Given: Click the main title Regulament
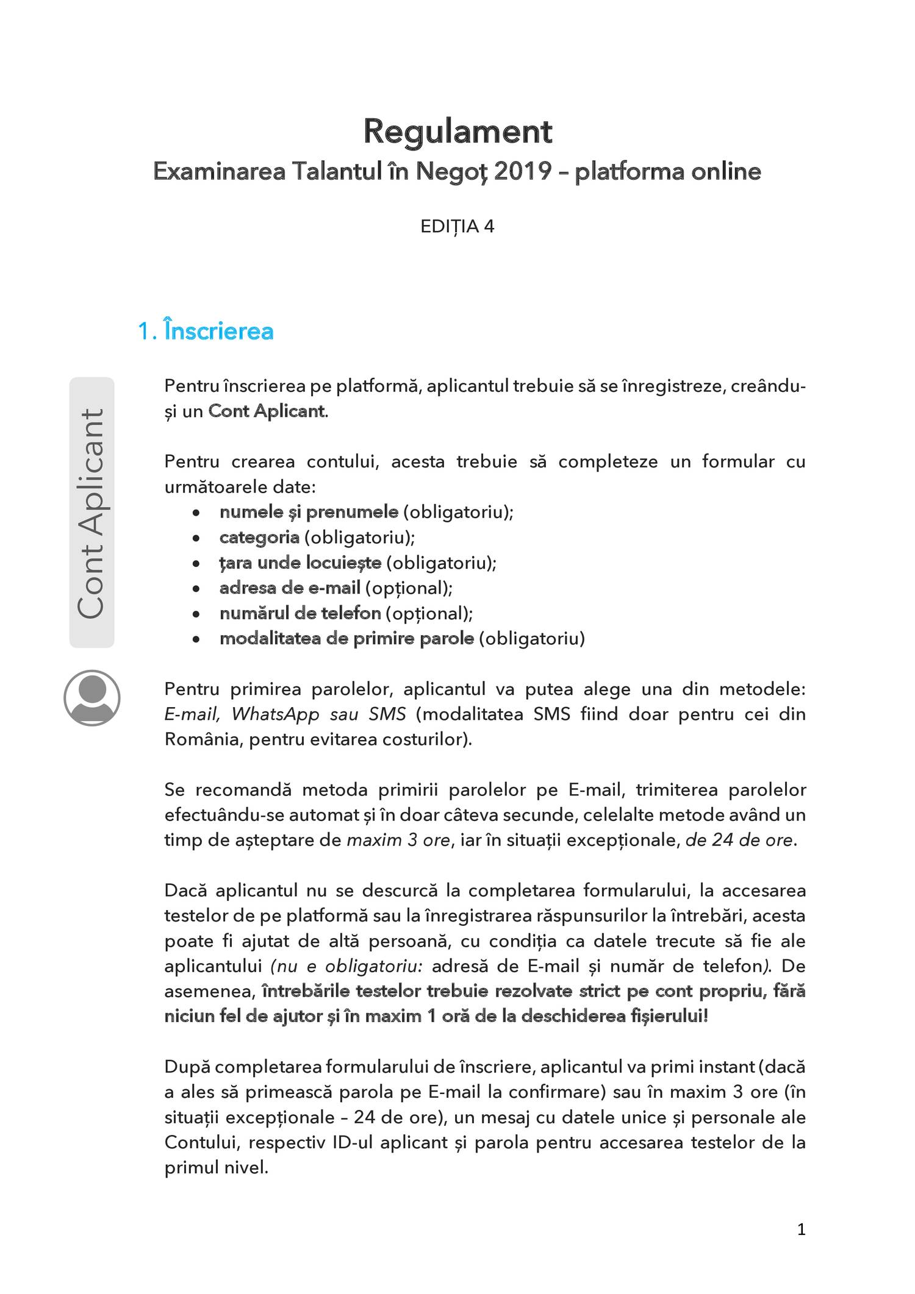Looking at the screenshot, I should click(457, 132).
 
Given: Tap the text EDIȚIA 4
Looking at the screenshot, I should click(457, 227).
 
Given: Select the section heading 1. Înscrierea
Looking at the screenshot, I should click(206, 331).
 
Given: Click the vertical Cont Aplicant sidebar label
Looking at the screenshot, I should click(91, 513).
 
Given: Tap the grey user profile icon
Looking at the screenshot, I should click(91, 698).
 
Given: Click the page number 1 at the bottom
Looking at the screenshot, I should click(801, 1229).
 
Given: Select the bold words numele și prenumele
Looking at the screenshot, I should click(309, 512).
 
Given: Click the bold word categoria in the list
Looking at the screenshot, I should click(259, 538).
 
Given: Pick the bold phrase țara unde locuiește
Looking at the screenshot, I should click(300, 563).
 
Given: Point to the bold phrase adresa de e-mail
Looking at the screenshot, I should click(290, 588).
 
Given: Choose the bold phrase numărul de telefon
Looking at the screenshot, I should click(300, 613).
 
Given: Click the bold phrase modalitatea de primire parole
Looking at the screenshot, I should click(346, 639).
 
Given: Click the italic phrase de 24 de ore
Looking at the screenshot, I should click(739, 841).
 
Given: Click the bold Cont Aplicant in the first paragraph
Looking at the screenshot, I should click(267, 411).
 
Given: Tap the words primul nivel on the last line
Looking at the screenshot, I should click(216, 1168).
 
